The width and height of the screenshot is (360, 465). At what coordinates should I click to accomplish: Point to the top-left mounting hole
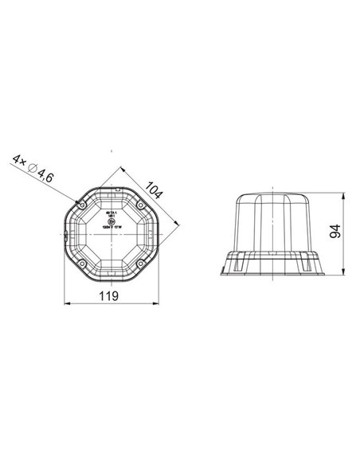[x=82, y=205]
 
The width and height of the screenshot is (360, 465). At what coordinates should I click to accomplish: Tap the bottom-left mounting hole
[x=82, y=261]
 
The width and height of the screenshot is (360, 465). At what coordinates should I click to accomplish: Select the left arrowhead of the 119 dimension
[x=65, y=303]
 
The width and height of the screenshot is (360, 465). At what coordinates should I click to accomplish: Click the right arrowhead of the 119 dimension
[x=156, y=303]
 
